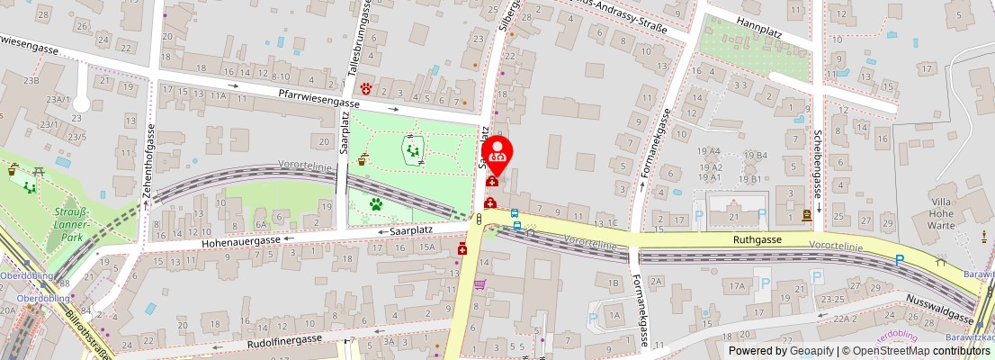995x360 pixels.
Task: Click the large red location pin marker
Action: [497, 153]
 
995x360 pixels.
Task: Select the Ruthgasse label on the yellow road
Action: [757, 240]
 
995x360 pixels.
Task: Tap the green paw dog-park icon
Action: [375, 204]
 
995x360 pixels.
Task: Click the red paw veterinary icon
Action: [366, 87]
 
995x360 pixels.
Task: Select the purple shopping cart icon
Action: [480, 284]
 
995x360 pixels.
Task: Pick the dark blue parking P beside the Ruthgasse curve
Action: [899, 261]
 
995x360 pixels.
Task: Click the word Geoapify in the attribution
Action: [807, 351]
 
